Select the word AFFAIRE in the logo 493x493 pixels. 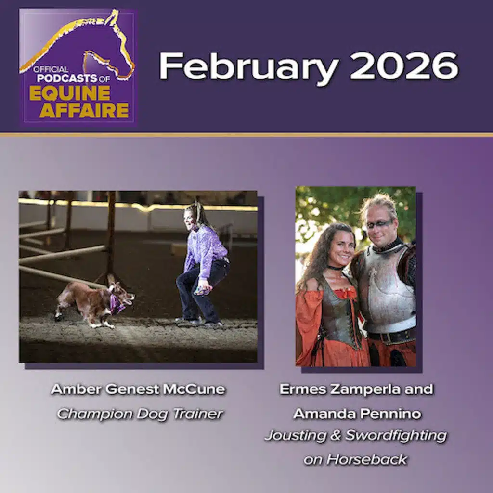pyautogui.click(x=84, y=110)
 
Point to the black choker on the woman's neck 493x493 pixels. pyautogui.click(x=335, y=268)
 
